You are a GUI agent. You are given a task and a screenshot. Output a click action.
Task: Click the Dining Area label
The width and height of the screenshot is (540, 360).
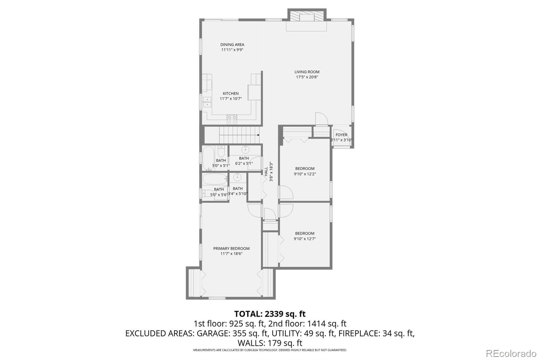pos(232,45)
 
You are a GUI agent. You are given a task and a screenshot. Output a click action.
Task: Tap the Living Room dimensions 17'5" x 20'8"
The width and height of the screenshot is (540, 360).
pos(307,77)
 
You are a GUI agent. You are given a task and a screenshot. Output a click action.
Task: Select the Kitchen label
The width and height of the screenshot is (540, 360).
pos(231,94)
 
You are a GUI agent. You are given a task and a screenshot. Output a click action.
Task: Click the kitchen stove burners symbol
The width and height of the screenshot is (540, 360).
pos(232,120)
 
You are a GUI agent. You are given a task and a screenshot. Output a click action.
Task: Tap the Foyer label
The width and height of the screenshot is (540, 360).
pos(341,135)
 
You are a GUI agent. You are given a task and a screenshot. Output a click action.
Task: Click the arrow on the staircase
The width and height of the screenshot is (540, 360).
pos(258,135)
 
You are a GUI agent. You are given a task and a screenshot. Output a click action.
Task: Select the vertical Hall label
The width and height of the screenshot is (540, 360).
pos(266,171)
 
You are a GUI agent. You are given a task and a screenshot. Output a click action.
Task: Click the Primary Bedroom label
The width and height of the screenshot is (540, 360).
pos(231,249)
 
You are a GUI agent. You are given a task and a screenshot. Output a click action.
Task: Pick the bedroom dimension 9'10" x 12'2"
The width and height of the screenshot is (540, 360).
pos(305,174)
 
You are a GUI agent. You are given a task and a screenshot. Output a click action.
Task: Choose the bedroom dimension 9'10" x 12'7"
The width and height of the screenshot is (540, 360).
pos(305,239)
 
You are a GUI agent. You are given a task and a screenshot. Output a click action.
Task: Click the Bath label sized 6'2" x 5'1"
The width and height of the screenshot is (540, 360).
pos(244,158)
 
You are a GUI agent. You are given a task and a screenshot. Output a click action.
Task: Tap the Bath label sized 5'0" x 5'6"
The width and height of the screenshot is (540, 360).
pos(219,189)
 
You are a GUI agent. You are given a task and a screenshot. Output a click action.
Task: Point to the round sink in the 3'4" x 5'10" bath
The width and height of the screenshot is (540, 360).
pos(238,177)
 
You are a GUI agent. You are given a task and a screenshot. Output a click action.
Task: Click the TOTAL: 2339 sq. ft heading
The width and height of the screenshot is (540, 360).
pos(270,314)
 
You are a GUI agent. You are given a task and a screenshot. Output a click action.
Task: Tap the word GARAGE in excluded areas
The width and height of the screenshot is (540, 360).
pos(213,333)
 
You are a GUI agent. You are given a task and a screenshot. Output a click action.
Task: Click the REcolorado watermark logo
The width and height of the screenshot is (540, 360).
pos(511,353)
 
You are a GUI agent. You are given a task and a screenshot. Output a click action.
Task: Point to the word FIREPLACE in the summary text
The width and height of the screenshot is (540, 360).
pos(359,333)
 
